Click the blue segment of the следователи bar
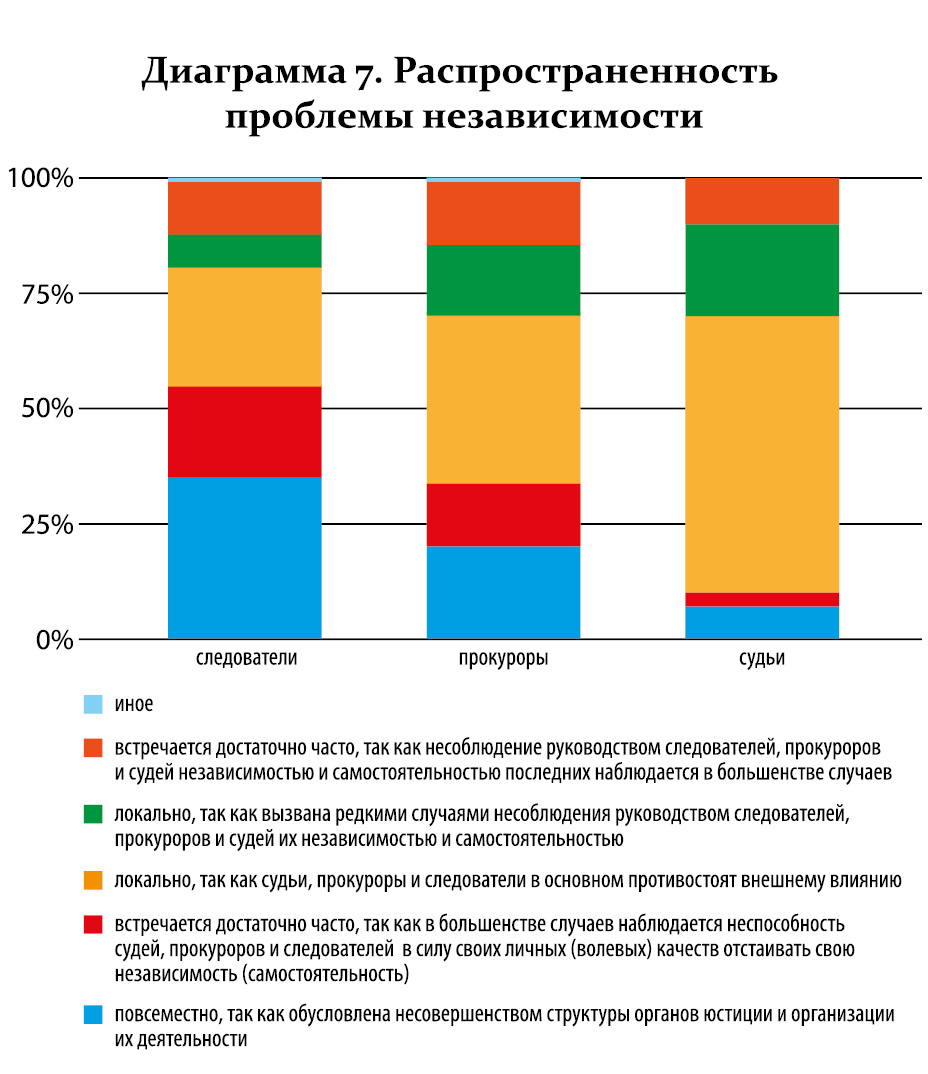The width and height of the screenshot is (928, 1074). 244,557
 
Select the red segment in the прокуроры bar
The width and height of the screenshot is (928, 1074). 503,514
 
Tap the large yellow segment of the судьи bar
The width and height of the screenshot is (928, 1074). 762,454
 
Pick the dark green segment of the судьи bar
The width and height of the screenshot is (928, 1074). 762,270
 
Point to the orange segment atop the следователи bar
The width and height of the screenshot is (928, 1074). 244,208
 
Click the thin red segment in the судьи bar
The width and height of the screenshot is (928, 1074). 762,599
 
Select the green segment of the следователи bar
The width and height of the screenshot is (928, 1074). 244,251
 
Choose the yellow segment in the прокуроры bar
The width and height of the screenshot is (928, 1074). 503,399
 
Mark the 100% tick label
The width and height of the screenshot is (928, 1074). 41,179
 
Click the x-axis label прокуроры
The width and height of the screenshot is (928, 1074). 503,659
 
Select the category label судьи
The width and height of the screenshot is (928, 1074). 762,659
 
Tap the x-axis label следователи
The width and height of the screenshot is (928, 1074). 246,659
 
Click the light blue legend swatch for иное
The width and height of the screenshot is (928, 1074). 93,705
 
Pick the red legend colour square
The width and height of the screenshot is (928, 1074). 93,923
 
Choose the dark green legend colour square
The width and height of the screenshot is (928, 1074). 93,813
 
